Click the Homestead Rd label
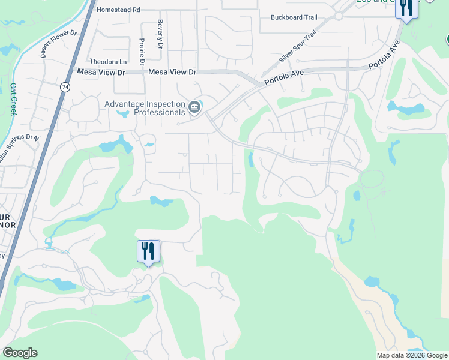click(x=118, y=10)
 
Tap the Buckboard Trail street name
click(x=294, y=17)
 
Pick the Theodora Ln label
click(x=108, y=62)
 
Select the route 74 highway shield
click(x=64, y=87)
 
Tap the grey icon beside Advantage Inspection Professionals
click(x=194, y=107)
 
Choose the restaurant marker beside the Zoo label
click(x=406, y=8)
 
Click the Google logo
click(x=20, y=353)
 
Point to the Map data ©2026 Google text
click(x=412, y=355)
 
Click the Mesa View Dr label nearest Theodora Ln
click(x=101, y=72)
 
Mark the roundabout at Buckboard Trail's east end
click(x=338, y=16)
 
